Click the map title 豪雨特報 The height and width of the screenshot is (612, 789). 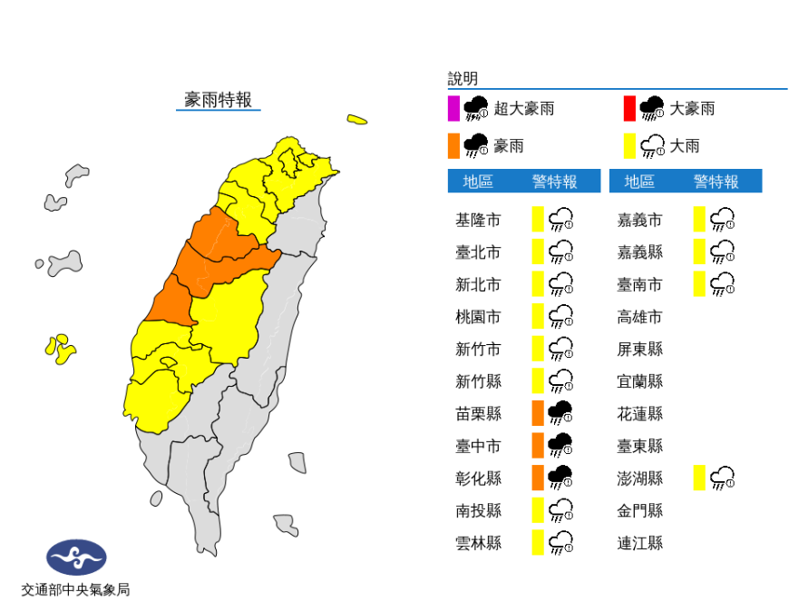[218, 100]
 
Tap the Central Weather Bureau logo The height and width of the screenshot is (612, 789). [76, 557]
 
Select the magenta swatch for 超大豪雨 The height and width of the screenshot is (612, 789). [453, 109]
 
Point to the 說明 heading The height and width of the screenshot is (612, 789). [463, 79]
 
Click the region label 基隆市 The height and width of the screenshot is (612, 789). [477, 220]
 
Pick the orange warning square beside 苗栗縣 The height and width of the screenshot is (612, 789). [537, 413]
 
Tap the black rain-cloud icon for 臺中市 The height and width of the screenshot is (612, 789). [561, 445]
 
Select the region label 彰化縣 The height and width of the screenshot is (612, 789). [477, 478]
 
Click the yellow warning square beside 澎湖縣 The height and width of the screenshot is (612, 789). [699, 478]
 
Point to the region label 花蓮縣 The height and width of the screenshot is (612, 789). [639, 413]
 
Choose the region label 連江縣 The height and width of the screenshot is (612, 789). [639, 542]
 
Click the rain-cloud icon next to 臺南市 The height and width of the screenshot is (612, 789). [723, 285]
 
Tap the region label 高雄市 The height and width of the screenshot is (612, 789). [639, 317]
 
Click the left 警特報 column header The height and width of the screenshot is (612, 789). [554, 182]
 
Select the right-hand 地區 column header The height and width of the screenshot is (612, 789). [639, 182]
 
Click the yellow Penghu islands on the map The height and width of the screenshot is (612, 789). [61, 349]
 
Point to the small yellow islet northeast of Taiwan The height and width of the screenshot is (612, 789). [356, 119]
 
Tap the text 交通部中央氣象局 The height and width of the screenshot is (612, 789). [75, 590]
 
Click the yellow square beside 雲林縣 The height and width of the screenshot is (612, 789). [537, 542]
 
